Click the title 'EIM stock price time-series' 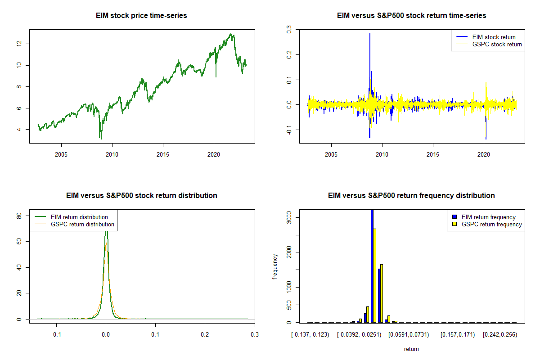coord(141,16)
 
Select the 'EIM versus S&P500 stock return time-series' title coord(411,16)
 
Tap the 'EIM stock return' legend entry coord(493,37)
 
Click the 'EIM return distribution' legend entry coord(79,217)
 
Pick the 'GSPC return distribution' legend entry coord(82,224)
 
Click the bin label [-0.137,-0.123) coord(310,334)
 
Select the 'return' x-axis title coord(411,349)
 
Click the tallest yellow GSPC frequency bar coord(374,275)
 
